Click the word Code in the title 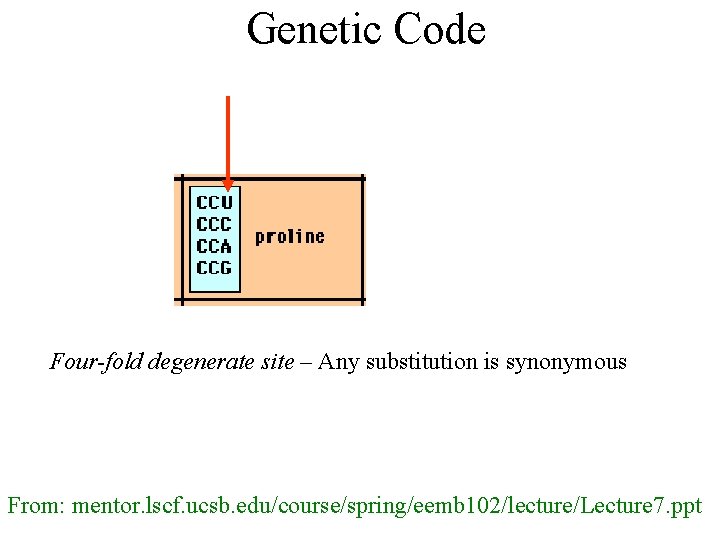click(x=440, y=30)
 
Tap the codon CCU click(x=214, y=203)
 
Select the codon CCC click(x=214, y=225)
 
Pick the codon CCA click(x=214, y=246)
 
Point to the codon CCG click(x=214, y=268)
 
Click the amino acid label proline click(x=289, y=237)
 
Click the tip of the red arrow click(x=228, y=188)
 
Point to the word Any click(x=338, y=362)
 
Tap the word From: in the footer click(x=36, y=506)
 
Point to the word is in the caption click(x=492, y=362)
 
